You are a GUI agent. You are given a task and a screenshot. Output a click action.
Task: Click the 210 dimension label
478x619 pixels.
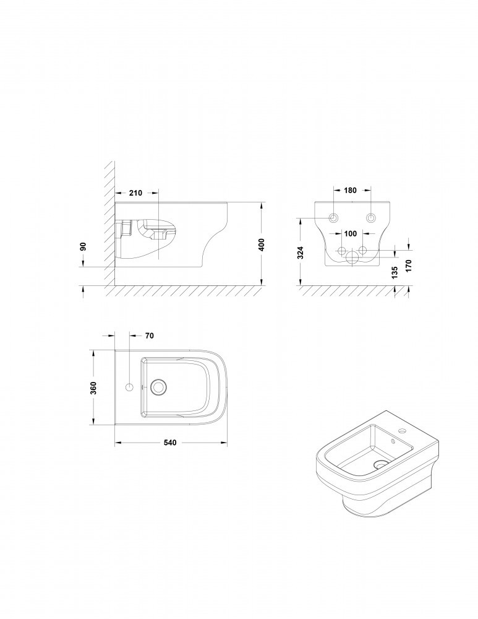[x=135, y=193]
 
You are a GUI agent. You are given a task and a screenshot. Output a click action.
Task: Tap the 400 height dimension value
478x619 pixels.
[x=261, y=245]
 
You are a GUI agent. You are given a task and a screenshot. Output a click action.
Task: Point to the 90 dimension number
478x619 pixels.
[x=83, y=246]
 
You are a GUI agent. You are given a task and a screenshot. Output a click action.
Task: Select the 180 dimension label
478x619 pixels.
[x=350, y=190]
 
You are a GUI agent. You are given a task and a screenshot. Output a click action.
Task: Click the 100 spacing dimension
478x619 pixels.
[x=350, y=233]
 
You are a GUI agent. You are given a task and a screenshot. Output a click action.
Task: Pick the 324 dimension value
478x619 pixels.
[x=301, y=253]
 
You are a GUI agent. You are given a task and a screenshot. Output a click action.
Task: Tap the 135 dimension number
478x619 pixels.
[x=395, y=272]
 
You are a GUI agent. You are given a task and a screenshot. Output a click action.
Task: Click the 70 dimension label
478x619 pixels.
[x=150, y=335]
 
